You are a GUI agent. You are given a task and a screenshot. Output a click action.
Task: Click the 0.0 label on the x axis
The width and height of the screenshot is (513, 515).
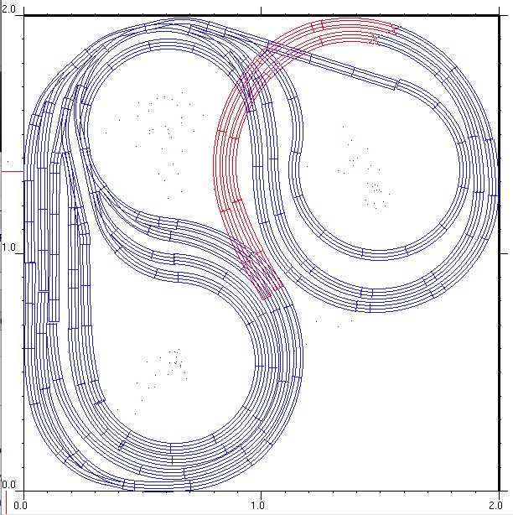[x=21, y=505]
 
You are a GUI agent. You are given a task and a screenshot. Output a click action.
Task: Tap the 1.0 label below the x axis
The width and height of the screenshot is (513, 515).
[x=258, y=505]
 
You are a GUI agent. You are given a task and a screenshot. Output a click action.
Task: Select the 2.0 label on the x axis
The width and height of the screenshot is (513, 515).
[x=495, y=505]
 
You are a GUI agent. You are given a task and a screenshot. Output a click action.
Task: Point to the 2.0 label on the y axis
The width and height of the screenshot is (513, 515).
[x=8, y=9]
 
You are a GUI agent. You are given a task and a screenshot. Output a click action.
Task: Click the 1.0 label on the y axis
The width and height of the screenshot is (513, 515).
[x=8, y=247]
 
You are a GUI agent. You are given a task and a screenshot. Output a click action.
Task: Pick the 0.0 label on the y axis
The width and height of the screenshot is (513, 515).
[x=8, y=485]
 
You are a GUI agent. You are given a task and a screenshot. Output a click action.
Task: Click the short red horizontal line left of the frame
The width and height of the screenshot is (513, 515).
[x=13, y=171]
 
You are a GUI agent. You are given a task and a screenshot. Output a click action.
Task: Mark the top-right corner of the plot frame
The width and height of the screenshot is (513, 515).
[x=499, y=15]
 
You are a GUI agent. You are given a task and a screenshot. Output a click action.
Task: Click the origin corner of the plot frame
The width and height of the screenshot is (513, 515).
[x=23, y=491]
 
